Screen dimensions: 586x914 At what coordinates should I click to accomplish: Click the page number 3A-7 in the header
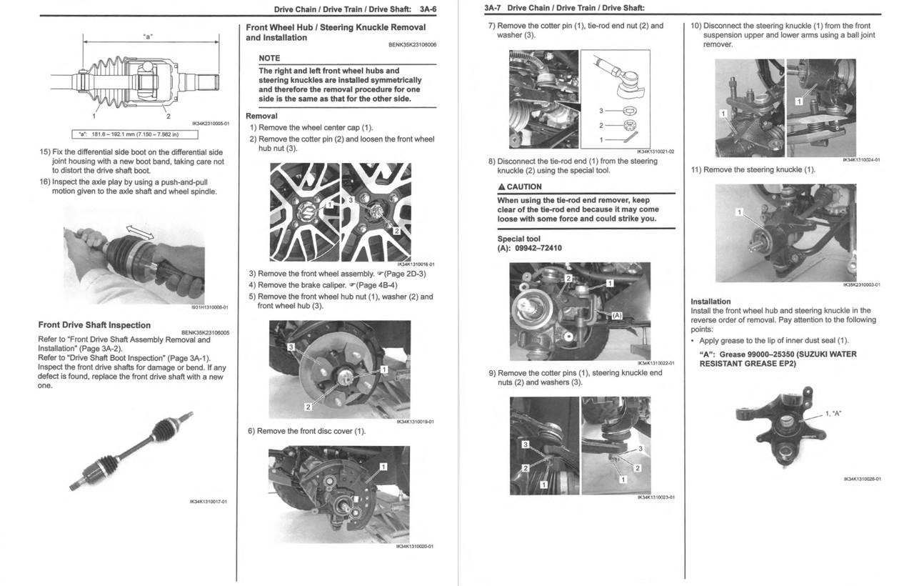(x=493, y=8)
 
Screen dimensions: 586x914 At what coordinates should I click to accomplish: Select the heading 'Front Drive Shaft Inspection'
(x=94, y=325)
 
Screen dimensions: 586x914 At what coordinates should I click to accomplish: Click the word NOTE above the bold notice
(x=269, y=58)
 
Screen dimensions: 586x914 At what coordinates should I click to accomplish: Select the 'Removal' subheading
(x=261, y=116)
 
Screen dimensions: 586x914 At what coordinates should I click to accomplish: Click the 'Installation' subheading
(x=710, y=302)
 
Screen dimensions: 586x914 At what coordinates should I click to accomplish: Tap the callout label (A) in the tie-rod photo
(x=617, y=315)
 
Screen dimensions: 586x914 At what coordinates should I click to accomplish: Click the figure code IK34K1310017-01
(x=209, y=501)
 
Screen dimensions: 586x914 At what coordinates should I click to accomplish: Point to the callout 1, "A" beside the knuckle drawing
(x=833, y=414)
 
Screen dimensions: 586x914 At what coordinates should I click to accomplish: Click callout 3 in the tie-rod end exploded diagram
(x=601, y=111)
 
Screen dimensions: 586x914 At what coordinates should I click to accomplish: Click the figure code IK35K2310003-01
(x=861, y=284)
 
